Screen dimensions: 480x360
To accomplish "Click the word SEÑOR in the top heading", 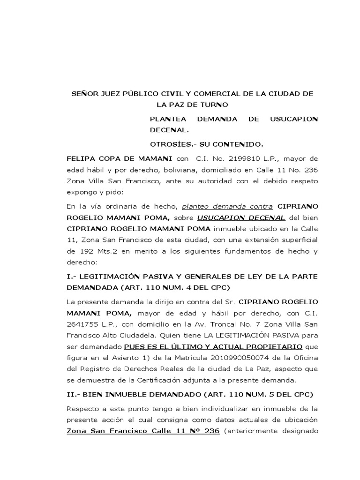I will pyautogui.click(x=82, y=94).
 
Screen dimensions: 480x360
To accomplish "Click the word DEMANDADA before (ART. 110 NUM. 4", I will pyautogui.click(x=91, y=287).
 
